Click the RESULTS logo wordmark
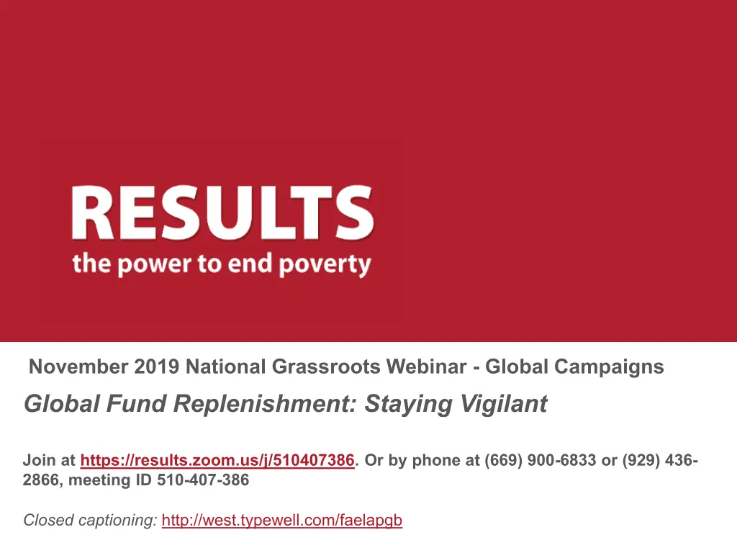(223, 213)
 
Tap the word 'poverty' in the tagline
(325, 265)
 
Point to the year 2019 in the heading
(156, 367)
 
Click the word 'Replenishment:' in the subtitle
(265, 404)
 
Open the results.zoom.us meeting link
(217, 460)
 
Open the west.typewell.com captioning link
(282, 521)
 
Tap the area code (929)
(641, 460)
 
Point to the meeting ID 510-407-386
(203, 480)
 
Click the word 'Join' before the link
(39, 460)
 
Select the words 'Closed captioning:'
(90, 521)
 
